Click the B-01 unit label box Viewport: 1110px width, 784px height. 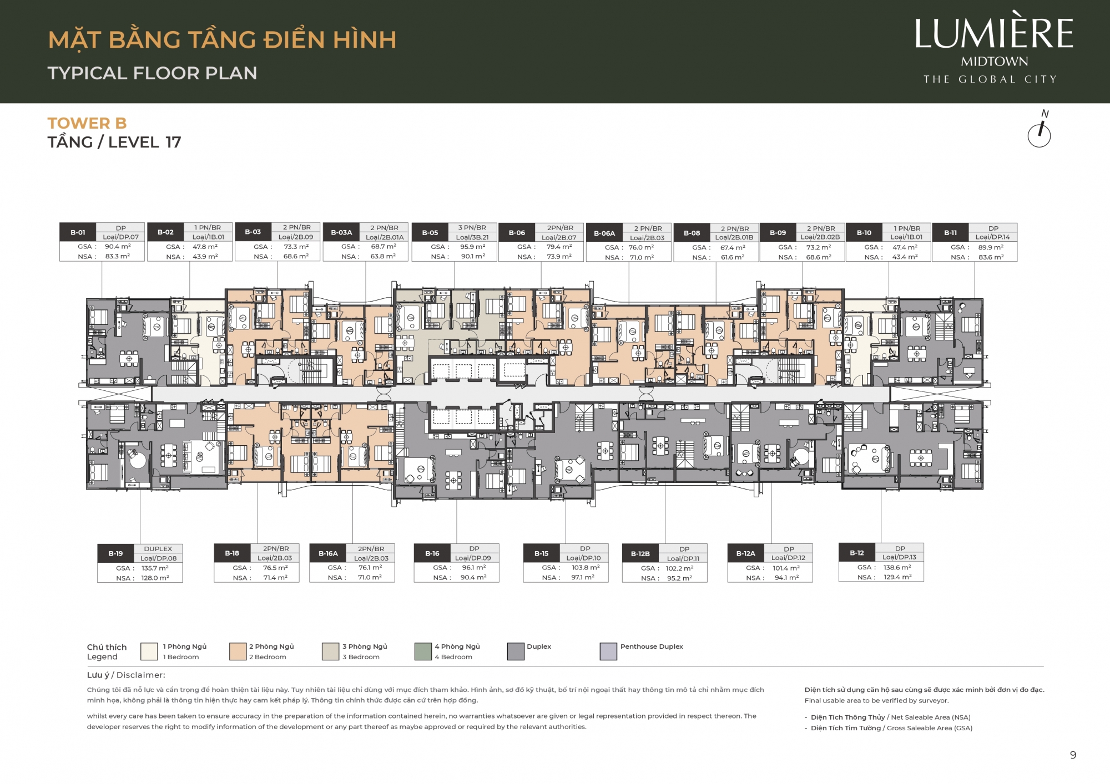(x=78, y=232)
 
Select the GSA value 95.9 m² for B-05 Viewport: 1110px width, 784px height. (x=472, y=247)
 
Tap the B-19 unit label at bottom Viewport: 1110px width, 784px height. (x=115, y=553)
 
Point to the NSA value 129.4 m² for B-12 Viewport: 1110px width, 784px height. (x=897, y=577)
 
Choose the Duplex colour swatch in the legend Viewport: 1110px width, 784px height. (x=516, y=651)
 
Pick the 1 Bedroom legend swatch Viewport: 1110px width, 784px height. (x=149, y=651)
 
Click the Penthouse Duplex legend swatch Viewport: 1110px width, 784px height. (x=608, y=651)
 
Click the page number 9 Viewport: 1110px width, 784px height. (x=1073, y=755)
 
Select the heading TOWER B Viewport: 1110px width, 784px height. (x=87, y=123)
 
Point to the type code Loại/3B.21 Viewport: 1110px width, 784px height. (x=472, y=237)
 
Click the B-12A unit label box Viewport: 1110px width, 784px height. (x=745, y=553)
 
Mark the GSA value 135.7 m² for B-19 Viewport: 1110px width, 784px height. (x=155, y=568)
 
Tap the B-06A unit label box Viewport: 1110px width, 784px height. (x=604, y=233)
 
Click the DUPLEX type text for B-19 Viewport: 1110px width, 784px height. (x=158, y=549)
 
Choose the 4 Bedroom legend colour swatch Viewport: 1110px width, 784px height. (x=423, y=651)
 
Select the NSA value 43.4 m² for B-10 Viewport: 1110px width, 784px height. (x=905, y=257)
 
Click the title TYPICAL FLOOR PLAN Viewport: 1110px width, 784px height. (x=153, y=73)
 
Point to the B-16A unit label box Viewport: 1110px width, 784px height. (x=328, y=553)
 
